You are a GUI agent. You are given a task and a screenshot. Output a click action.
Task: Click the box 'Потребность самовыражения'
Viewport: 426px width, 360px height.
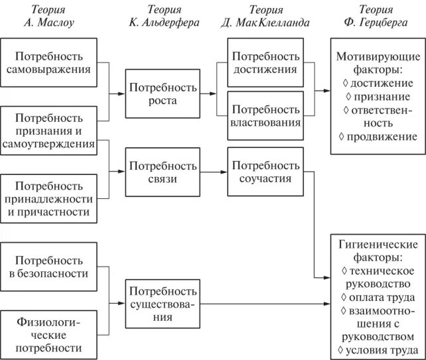coord(55,62)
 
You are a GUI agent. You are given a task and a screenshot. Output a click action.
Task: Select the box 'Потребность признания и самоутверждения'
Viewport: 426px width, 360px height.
coord(55,130)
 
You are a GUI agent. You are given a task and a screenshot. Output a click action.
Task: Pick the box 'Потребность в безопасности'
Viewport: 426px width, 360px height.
coord(55,266)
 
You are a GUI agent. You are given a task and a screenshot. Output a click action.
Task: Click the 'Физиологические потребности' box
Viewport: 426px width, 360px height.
coord(55,334)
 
